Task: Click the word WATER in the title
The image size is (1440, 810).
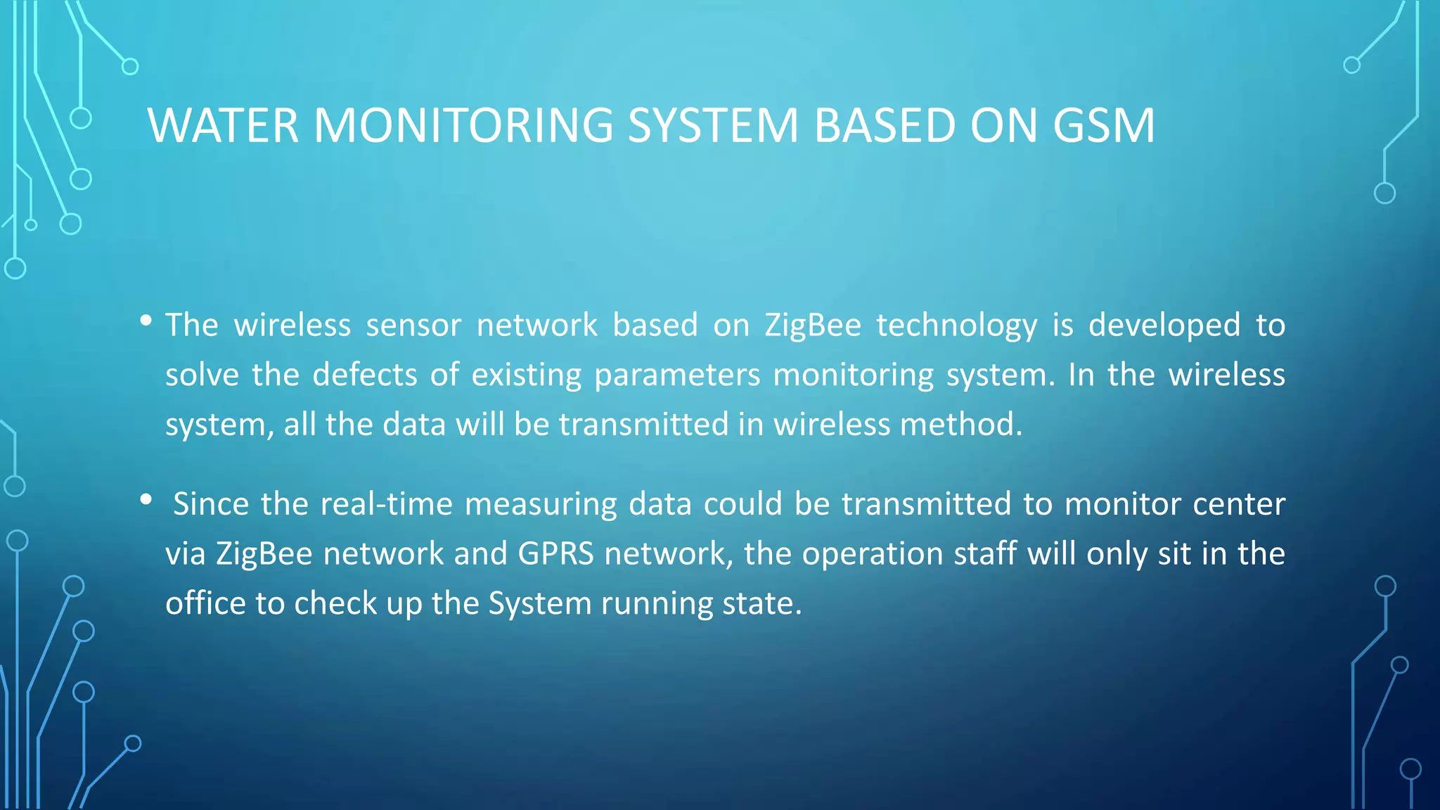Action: point(223,126)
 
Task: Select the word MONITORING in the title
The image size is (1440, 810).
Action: point(463,126)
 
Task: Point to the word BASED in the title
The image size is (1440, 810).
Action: point(885,126)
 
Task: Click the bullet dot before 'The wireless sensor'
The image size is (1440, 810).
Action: point(146,321)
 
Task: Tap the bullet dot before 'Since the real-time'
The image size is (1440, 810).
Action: point(146,500)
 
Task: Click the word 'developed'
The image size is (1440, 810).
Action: point(1164,325)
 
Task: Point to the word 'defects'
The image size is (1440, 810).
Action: point(365,375)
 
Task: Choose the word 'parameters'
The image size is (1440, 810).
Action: point(677,375)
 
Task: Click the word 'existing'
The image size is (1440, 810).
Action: point(526,375)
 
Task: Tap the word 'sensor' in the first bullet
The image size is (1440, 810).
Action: point(413,326)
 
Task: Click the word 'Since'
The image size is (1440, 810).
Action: point(211,504)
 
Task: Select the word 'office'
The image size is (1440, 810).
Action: point(205,603)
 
